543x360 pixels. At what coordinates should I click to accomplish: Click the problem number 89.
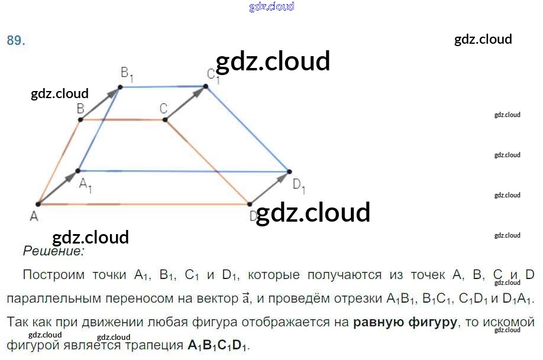(x=16, y=41)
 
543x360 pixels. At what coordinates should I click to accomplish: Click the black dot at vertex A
(x=38, y=204)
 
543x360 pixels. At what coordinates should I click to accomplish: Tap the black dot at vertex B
(x=80, y=119)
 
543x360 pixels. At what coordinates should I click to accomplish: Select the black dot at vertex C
(x=165, y=120)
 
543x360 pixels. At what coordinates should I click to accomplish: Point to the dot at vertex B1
(x=120, y=87)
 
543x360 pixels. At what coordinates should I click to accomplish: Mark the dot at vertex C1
(x=206, y=86)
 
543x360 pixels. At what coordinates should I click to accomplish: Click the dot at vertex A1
(x=78, y=171)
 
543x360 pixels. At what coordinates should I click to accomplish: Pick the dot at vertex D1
(x=289, y=171)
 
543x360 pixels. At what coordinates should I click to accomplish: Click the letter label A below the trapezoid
(x=34, y=217)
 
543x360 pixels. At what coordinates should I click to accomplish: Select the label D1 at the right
(x=299, y=185)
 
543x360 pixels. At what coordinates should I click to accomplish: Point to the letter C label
(x=164, y=108)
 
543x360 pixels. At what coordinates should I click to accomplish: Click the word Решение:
(x=53, y=251)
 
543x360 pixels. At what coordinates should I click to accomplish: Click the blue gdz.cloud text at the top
(x=271, y=7)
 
